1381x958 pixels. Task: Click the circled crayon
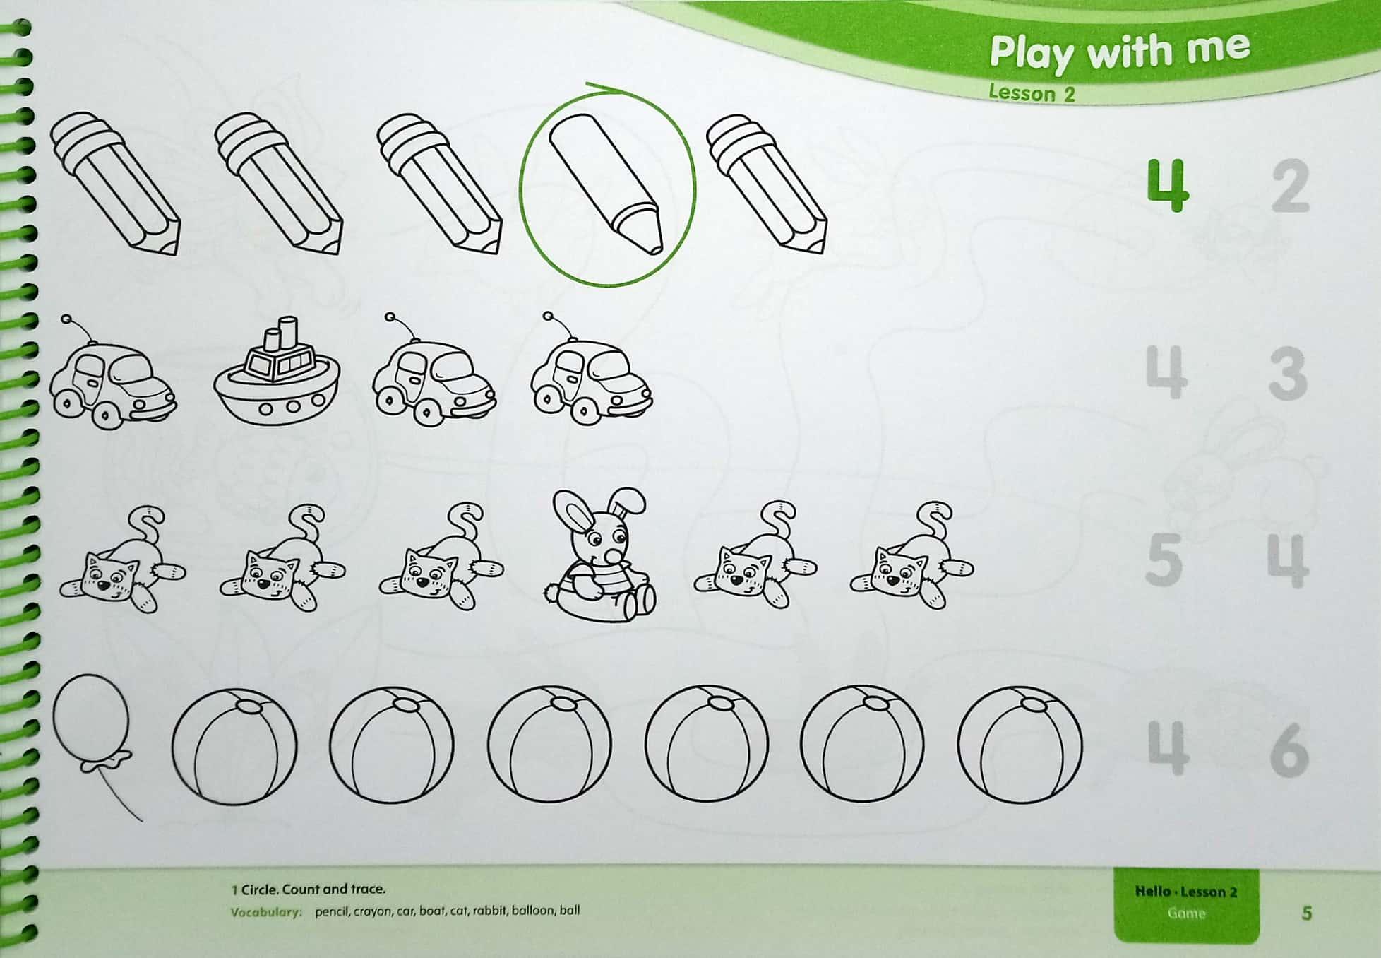(x=606, y=184)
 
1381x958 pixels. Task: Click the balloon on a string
(x=95, y=735)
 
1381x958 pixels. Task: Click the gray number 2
(x=1291, y=187)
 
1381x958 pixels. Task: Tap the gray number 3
(x=1288, y=374)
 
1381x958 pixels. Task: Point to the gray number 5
(x=1164, y=560)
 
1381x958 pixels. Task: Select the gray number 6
(x=1289, y=750)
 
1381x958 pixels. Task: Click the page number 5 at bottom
(x=1306, y=913)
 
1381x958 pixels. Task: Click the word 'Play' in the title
(x=1033, y=54)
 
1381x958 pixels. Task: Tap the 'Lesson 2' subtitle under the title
(x=1032, y=93)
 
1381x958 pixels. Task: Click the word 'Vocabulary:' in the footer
(x=265, y=912)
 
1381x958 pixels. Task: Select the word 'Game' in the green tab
(x=1186, y=913)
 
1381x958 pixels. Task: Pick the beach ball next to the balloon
(x=234, y=746)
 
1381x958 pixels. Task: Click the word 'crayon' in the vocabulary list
(x=374, y=911)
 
